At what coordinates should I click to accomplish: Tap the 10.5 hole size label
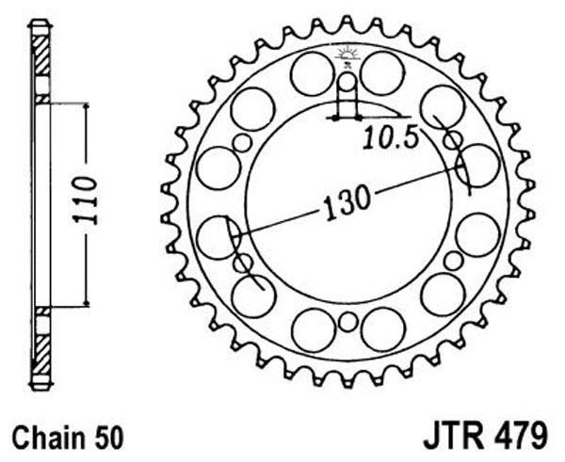pos(390,138)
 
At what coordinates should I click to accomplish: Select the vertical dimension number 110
pos(85,200)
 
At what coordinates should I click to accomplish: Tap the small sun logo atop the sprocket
pos(347,54)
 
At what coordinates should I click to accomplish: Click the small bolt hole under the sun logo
pos(347,82)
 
